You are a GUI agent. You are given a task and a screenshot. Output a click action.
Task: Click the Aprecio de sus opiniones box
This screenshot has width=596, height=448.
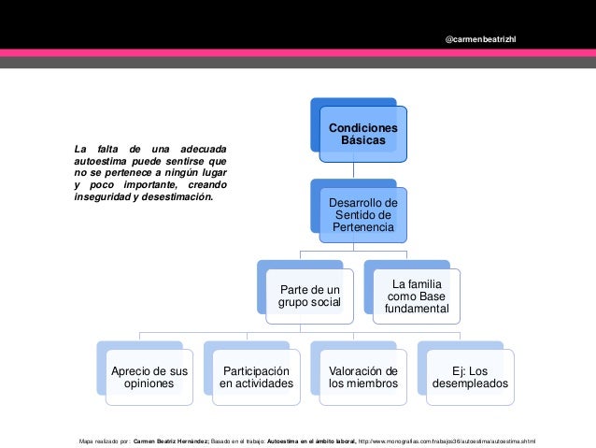[x=149, y=377]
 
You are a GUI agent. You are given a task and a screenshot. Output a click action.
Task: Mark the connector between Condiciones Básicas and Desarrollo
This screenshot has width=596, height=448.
[x=353, y=170]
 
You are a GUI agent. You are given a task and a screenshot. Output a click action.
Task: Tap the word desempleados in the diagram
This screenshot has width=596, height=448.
[x=471, y=383]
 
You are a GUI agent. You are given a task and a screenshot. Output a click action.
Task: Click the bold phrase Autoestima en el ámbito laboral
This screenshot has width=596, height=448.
[x=312, y=441]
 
